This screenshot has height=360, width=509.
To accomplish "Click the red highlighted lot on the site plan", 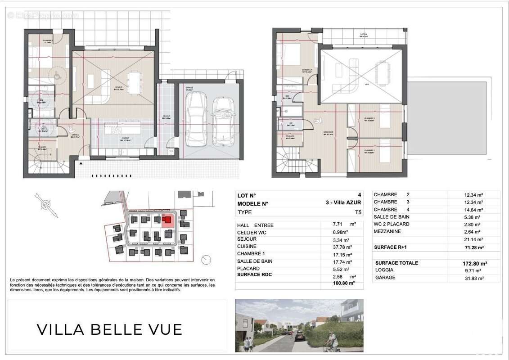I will pyautogui.click(x=167, y=220).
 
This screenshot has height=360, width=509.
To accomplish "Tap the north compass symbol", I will pyautogui.click(x=45, y=205).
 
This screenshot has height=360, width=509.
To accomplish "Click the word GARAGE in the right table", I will pyautogui.click(x=385, y=278).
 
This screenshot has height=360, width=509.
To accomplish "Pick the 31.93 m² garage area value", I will pyautogui.click(x=473, y=279).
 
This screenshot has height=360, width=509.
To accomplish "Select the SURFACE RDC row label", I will pyautogui.click(x=255, y=274).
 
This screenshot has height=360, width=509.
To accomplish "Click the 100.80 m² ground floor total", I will pyautogui.click(x=342, y=283).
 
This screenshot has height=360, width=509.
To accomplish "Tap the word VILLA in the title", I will pyautogui.click(x=61, y=329).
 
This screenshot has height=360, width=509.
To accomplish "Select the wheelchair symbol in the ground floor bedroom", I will pyautogui.click(x=58, y=76).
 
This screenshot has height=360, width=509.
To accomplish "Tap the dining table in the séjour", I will pyautogui.click(x=134, y=83).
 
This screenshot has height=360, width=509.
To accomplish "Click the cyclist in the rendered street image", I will pyautogui.click(x=332, y=342).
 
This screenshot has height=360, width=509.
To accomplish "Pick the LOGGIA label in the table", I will pyautogui.click(x=384, y=270).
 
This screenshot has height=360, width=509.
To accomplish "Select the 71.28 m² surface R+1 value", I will pyautogui.click(x=473, y=247).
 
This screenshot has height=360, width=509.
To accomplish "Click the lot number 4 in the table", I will pyautogui.click(x=359, y=195).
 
